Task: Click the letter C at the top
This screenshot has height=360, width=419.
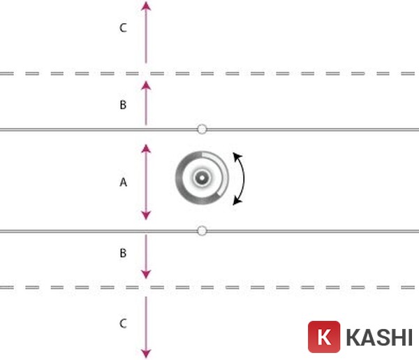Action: click(x=123, y=28)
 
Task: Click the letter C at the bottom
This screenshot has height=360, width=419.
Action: click(x=123, y=324)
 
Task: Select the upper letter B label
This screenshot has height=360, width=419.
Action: click(x=123, y=105)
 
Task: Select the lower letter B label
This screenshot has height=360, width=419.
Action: click(x=123, y=253)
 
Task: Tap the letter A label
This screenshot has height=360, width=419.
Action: click(x=123, y=182)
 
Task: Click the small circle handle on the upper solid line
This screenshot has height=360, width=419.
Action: click(x=202, y=129)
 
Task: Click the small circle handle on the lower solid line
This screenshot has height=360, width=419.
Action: click(x=202, y=230)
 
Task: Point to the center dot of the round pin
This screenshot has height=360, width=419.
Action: click(x=201, y=179)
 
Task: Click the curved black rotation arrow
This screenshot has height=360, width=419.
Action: click(x=244, y=179)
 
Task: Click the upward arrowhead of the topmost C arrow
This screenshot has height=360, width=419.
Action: click(x=145, y=6)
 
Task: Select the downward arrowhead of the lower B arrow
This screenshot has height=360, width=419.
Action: click(x=145, y=275)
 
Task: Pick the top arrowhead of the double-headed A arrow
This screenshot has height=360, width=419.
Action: click(x=145, y=148)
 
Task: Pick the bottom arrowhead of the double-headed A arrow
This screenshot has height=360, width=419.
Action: click(x=145, y=216)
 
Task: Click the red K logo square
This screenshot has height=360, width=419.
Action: click(x=324, y=337)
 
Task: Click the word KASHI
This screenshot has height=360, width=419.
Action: click(x=378, y=337)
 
